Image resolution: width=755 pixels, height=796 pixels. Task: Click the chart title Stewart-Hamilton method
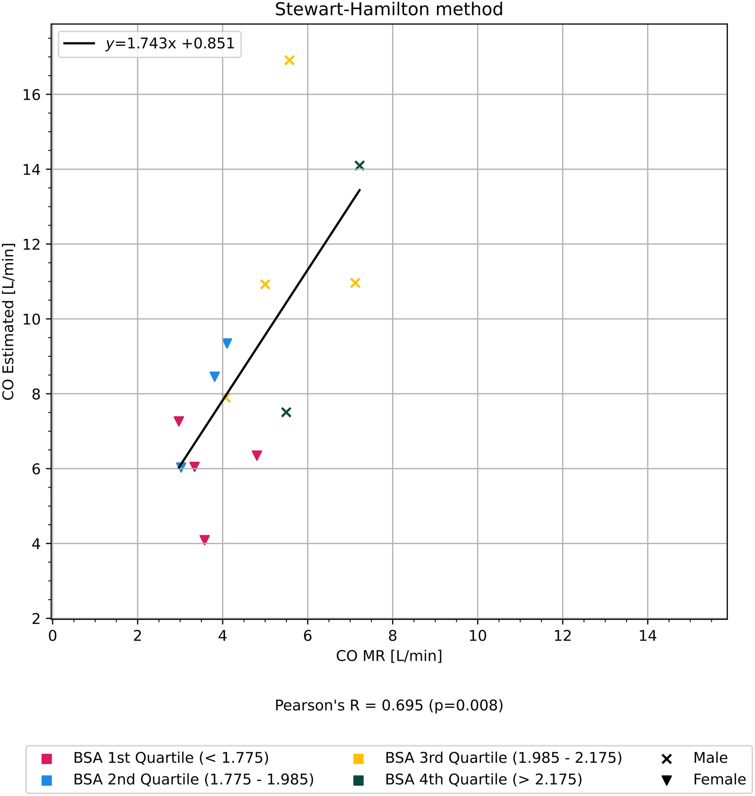coord(389,10)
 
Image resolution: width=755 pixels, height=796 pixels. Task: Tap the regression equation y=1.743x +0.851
coord(170,44)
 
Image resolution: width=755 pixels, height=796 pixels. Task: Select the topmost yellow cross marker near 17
coord(289,60)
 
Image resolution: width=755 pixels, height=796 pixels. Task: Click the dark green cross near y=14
coord(359,166)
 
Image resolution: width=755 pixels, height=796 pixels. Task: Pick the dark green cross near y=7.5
coord(286,413)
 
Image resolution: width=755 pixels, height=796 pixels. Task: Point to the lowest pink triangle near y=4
coord(204,539)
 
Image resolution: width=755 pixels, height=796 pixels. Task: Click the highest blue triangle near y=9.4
coord(227,343)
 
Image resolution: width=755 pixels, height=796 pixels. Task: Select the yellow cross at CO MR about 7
coord(355,283)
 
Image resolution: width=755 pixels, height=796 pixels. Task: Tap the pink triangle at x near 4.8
coord(257,455)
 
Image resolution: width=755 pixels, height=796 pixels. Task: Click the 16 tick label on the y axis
coord(31,95)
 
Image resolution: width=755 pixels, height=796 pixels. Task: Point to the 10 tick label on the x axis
coord(477,636)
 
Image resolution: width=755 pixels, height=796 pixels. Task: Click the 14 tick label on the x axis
coord(647,636)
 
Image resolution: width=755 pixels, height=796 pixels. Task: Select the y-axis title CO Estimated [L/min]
coord(9,322)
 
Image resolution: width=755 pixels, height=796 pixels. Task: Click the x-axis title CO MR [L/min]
coord(389,656)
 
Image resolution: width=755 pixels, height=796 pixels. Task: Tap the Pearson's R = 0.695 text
coord(389,705)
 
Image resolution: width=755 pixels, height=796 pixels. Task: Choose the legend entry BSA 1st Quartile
coord(171,758)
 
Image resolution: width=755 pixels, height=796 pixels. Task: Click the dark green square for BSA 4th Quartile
coord(358,780)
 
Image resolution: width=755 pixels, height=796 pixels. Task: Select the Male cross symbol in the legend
coord(666,759)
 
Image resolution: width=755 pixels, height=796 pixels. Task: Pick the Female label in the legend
coord(719,779)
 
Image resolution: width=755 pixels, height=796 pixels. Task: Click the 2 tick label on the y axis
coord(36,619)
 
